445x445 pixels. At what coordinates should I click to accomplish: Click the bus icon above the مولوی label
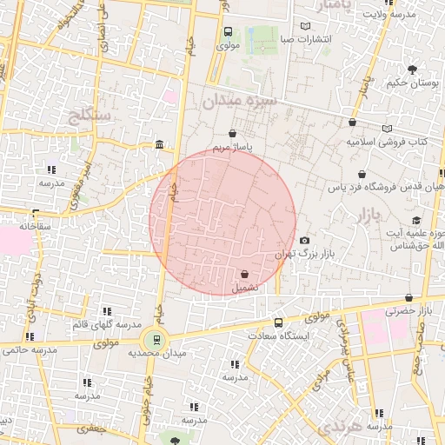(x=228, y=32)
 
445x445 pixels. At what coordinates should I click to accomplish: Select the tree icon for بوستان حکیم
(x=411, y=70)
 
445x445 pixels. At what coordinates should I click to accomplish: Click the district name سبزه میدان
(x=240, y=102)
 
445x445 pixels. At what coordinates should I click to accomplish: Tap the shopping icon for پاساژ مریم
(x=232, y=133)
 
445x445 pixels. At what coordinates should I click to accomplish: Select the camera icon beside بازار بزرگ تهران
(x=304, y=241)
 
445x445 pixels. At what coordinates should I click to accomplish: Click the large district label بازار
(x=369, y=214)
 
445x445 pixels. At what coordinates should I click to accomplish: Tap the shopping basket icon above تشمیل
(x=244, y=274)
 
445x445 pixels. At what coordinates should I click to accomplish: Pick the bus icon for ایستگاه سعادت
(x=278, y=322)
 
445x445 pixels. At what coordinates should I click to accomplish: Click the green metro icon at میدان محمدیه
(x=156, y=339)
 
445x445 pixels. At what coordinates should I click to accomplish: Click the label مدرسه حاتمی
(x=30, y=350)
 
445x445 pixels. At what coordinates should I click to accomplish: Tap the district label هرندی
(x=337, y=426)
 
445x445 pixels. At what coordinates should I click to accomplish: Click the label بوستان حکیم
(x=410, y=83)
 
